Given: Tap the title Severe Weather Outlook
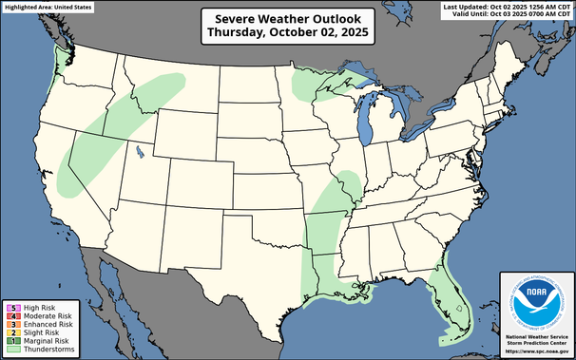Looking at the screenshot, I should tap(288, 18).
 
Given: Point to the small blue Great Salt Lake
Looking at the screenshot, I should tap(140, 149).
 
